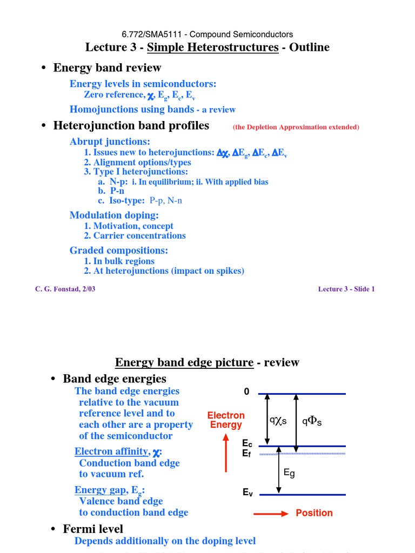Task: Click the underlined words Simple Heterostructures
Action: (212, 47)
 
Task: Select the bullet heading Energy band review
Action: (107, 68)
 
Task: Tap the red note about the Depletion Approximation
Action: (296, 127)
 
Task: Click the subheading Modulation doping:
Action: (114, 215)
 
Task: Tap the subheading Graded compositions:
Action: (119, 250)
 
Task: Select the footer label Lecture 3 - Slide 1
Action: (346, 289)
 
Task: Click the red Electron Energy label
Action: (226, 420)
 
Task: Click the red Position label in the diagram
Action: (314, 513)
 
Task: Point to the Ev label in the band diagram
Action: (247, 493)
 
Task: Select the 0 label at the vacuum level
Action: (246, 392)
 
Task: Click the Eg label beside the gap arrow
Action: (290, 473)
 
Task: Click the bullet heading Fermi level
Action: (93, 529)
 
